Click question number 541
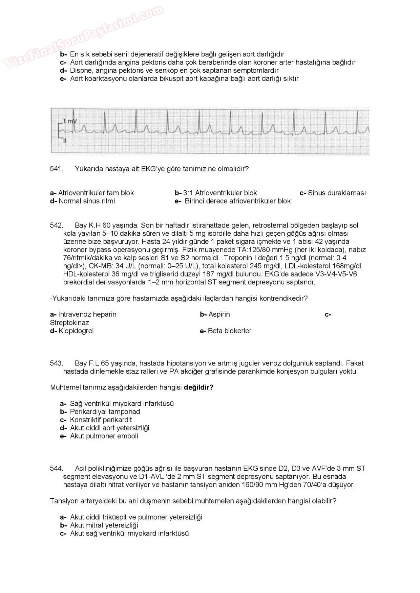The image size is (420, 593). tap(57, 169)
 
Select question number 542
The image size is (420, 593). tap(57, 226)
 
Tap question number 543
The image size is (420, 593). tap(57, 363)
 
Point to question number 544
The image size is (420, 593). tap(57, 469)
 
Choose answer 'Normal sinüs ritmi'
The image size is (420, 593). tap(86, 201)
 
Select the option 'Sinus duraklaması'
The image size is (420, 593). tap(336, 193)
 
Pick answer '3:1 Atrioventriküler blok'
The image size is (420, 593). tap(220, 193)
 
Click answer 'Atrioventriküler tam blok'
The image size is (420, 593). tap(96, 193)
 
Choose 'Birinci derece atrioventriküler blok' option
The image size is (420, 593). tap(237, 201)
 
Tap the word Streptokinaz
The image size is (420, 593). tap(69, 323)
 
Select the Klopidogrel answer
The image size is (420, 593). tap(76, 331)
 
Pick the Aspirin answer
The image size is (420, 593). tap(219, 314)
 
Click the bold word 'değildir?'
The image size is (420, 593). tap(198, 387)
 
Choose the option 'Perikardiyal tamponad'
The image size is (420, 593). tap(105, 412)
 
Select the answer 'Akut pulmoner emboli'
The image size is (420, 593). tap(104, 436)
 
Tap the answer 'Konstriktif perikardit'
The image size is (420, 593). tap(101, 420)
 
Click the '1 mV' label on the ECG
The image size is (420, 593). tap(70, 121)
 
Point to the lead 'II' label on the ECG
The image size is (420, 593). tap(64, 141)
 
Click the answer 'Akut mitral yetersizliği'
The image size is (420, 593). tap(104, 525)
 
